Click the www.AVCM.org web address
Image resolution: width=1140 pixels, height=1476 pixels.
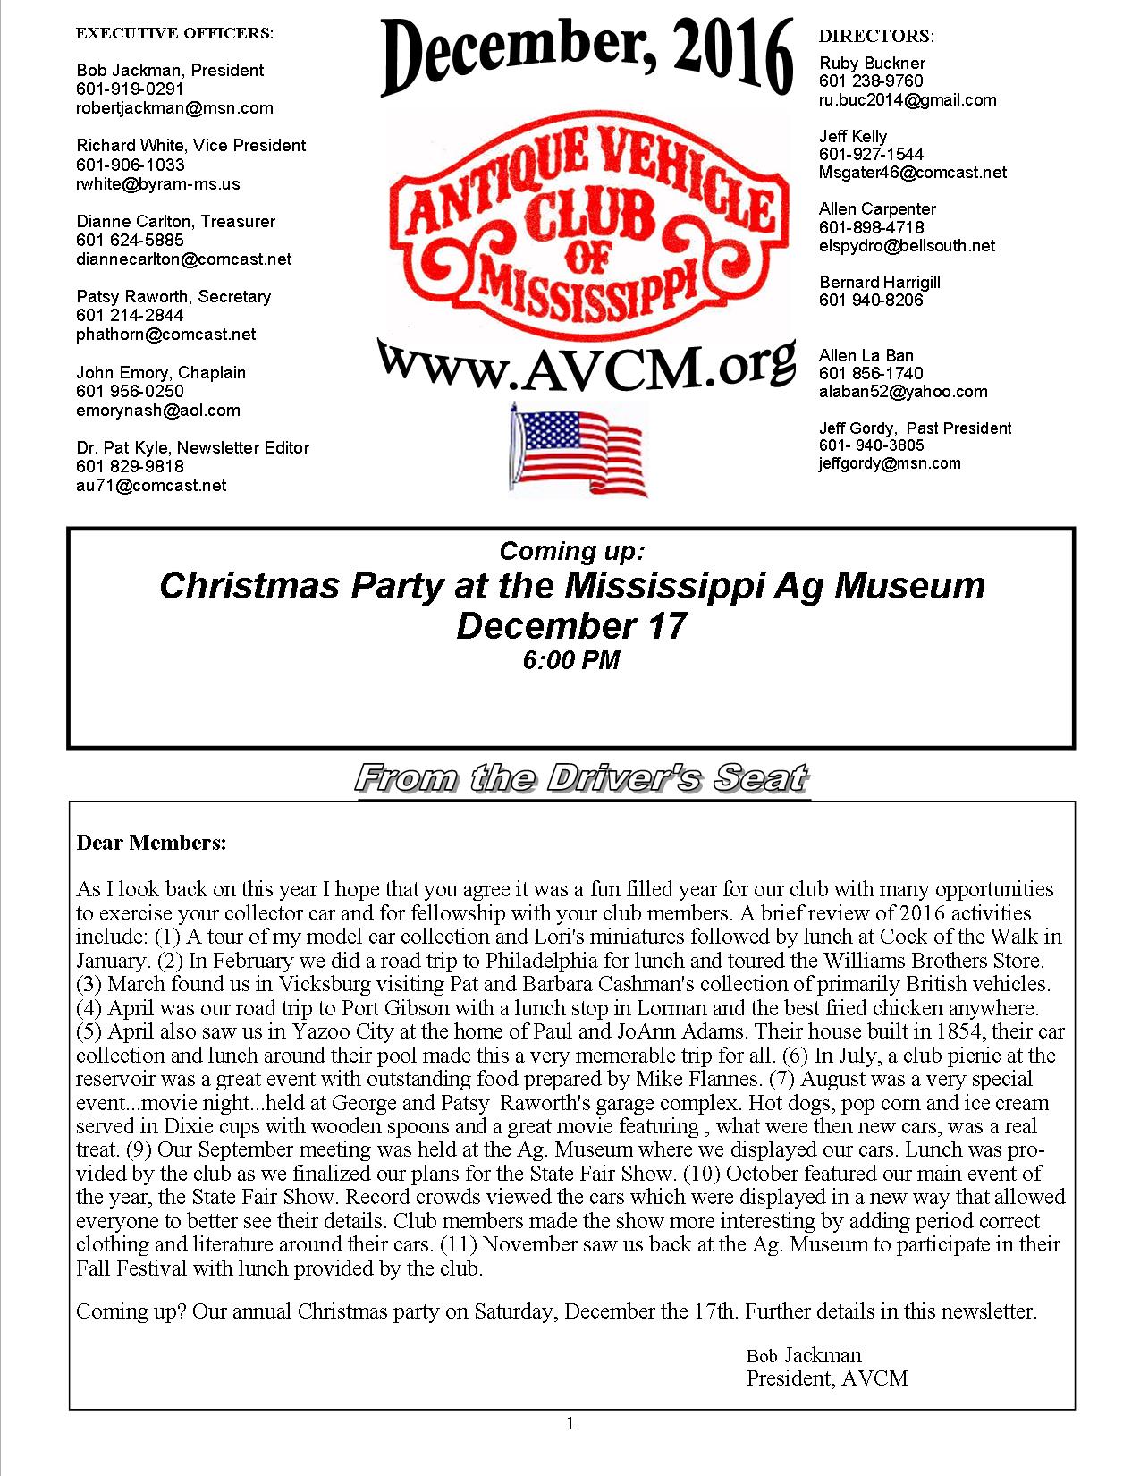pyautogui.click(x=586, y=363)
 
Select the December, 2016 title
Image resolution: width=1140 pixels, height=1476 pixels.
pyautogui.click(x=587, y=56)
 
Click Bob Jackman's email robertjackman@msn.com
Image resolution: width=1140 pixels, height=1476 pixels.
pyautogui.click(x=174, y=108)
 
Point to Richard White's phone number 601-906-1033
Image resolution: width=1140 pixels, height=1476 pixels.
pyautogui.click(x=131, y=165)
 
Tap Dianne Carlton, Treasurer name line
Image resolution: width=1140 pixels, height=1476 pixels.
pyautogui.click(x=175, y=221)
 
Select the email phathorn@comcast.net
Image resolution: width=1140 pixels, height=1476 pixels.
pyautogui.click(x=166, y=334)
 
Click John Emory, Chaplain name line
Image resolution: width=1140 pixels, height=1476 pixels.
pyautogui.click(x=161, y=372)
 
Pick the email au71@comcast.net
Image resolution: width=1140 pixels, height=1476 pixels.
pyautogui.click(x=151, y=486)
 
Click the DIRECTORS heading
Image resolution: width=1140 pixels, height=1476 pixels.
pyautogui.click(x=876, y=36)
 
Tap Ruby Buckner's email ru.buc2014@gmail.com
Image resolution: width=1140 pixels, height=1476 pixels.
pyautogui.click(x=908, y=100)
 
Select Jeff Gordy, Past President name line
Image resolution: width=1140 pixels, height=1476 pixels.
pyautogui.click(x=915, y=428)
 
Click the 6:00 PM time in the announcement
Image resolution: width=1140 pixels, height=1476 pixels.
pyautogui.click(x=570, y=661)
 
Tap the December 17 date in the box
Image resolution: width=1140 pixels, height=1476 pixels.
pyautogui.click(x=570, y=624)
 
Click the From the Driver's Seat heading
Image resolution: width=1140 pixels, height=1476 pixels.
pyautogui.click(x=582, y=778)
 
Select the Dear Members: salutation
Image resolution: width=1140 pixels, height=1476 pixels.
pyautogui.click(x=151, y=843)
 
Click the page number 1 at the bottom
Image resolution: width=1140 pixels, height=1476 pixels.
pyautogui.click(x=570, y=1423)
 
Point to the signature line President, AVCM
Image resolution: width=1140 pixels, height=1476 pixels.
pyautogui.click(x=827, y=1378)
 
